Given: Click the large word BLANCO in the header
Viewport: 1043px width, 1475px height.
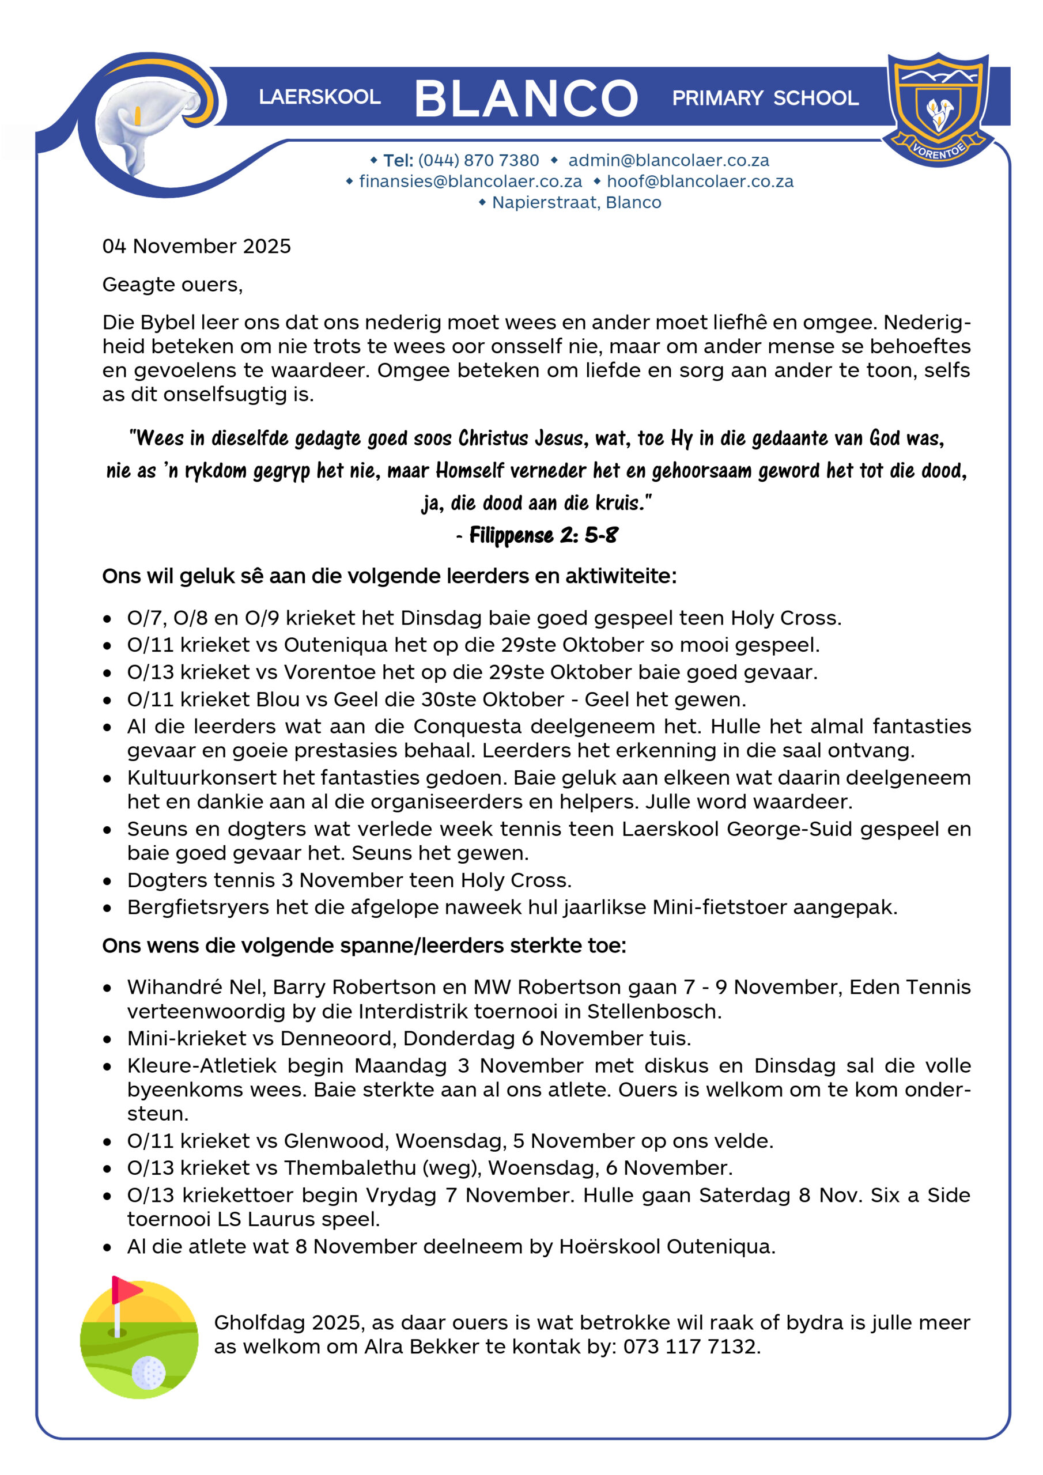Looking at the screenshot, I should [526, 99].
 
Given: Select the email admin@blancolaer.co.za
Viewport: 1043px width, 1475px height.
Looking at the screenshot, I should [668, 160].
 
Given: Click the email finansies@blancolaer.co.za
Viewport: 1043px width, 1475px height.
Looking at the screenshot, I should [470, 181].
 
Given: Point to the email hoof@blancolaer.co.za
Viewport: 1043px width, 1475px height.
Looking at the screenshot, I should [700, 181].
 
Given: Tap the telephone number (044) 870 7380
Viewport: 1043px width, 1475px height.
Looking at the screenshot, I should [478, 160].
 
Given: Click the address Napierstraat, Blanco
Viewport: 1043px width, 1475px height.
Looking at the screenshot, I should [576, 202].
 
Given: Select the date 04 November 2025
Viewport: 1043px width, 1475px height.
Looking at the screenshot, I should [196, 246].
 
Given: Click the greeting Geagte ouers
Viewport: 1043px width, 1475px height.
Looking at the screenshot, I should [172, 284].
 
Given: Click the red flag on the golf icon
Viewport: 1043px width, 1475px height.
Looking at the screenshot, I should [126, 1289].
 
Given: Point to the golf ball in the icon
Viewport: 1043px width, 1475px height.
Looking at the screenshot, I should [149, 1372].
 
